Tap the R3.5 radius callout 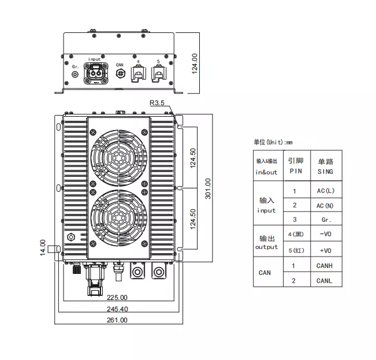pos(157,103)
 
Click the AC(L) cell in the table pos(325,191)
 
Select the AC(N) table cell pos(325,205)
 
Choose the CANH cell pos(325,266)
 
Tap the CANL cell pos(325,281)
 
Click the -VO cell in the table pos(325,234)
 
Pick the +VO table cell pos(325,251)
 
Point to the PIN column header pos(295,167)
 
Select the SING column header pos(325,167)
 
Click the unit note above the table pos(273,142)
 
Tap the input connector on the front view pos(94,73)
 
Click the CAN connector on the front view pos(120,73)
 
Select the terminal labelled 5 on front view pos(158,73)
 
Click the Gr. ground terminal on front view pos(75,75)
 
